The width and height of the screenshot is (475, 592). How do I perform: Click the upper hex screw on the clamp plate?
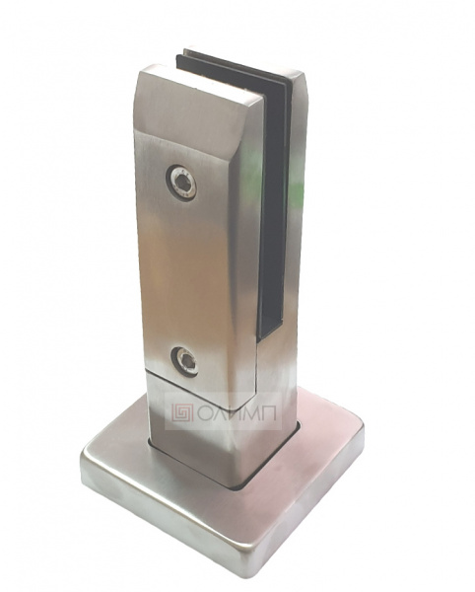181,183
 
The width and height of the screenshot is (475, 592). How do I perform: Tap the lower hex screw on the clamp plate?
184,361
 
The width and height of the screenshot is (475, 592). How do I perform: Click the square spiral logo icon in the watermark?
182,412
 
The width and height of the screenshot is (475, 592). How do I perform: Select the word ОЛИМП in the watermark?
237,412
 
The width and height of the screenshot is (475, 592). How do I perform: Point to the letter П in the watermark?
268,412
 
